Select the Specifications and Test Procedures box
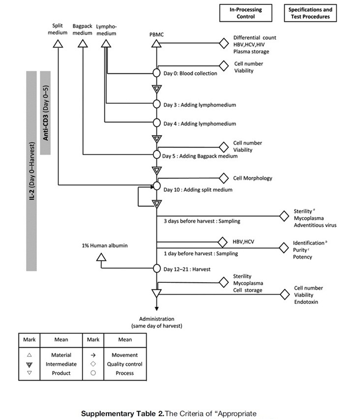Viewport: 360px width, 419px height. [x=310, y=13]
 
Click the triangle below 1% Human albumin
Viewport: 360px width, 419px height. [x=101, y=257]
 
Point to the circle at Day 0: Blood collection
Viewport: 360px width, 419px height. [x=156, y=73]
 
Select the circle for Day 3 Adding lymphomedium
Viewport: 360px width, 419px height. [x=156, y=104]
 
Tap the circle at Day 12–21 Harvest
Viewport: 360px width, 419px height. [x=156, y=269]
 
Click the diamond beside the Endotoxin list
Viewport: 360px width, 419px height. [x=284, y=295]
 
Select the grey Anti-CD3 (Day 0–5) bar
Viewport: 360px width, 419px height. [x=46, y=113]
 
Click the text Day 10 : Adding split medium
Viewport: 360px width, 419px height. [x=198, y=190]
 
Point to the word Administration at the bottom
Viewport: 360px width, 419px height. [x=156, y=319]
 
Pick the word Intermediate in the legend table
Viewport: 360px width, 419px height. [x=61, y=364]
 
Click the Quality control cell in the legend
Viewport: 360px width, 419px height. [x=124, y=364]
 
